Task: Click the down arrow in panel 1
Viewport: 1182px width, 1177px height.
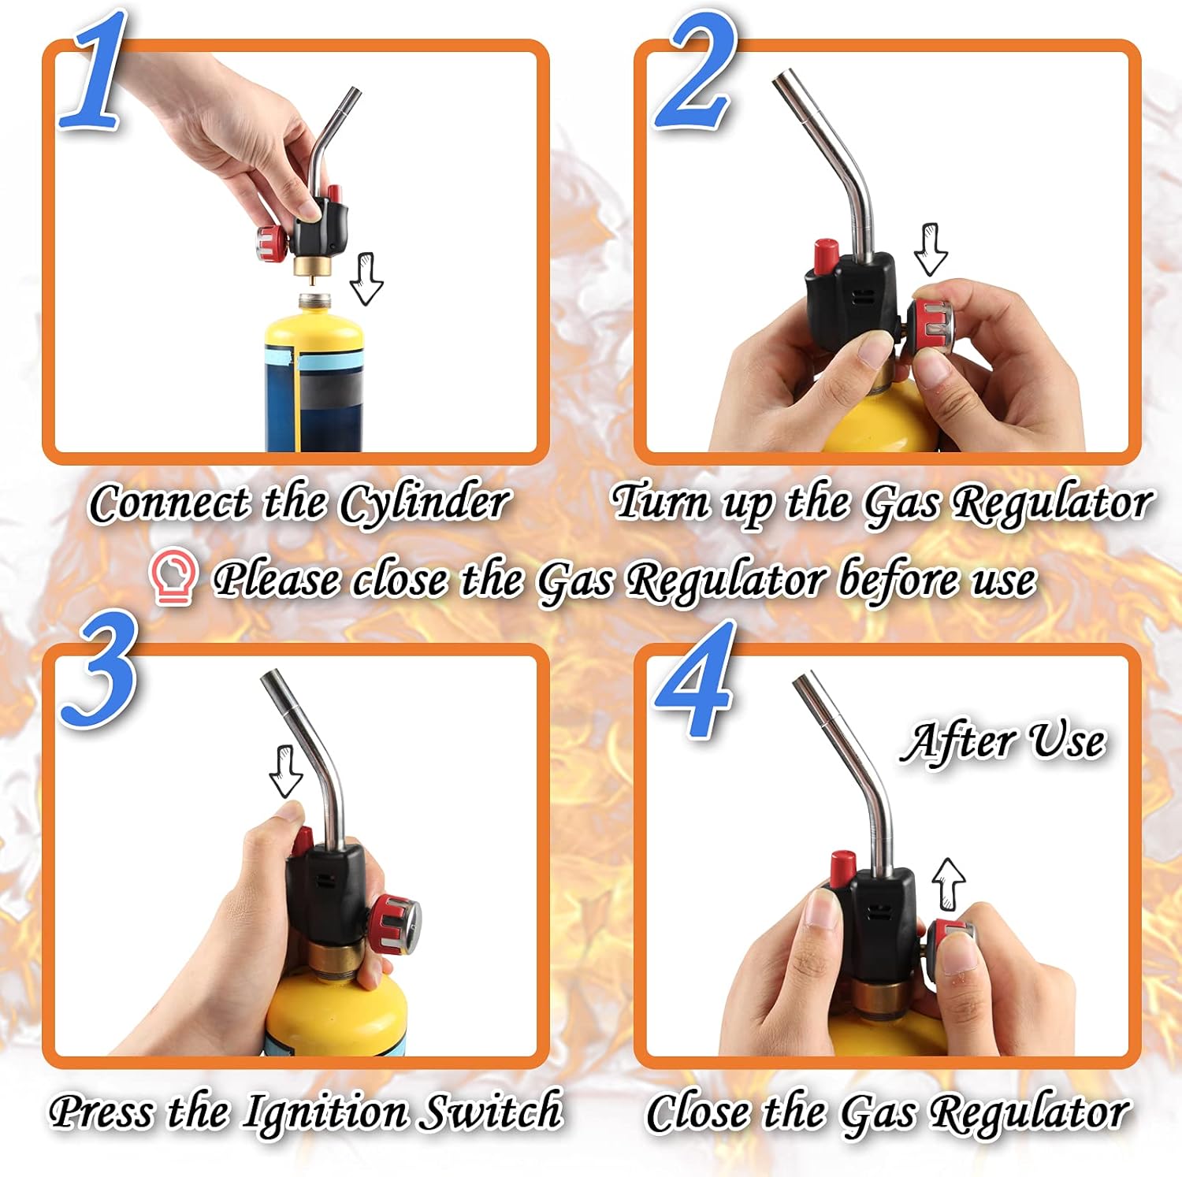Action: click(366, 278)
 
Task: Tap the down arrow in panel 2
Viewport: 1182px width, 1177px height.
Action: click(931, 249)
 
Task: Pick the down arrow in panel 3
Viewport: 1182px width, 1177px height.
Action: click(286, 771)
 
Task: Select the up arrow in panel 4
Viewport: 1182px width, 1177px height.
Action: click(949, 884)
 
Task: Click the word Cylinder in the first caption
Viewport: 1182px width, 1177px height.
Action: click(426, 503)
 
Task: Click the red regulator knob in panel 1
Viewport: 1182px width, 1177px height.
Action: click(272, 243)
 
